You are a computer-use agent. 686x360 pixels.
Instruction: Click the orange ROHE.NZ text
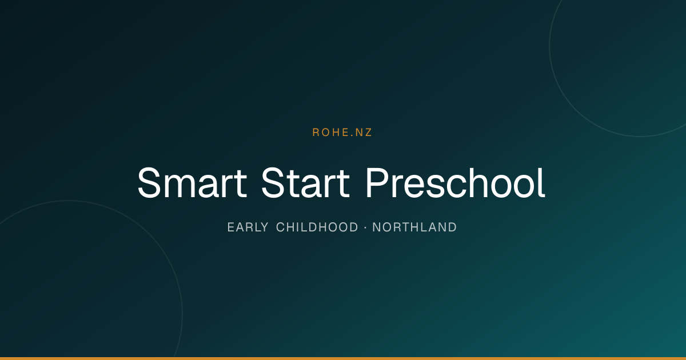point(342,132)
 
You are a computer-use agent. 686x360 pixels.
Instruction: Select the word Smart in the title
point(192,183)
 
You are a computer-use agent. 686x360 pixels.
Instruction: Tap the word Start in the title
point(305,183)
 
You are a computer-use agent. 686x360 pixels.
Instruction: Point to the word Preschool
point(456,182)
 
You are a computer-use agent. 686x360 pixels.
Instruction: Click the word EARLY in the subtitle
point(248,227)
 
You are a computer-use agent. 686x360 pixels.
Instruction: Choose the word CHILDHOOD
point(317,227)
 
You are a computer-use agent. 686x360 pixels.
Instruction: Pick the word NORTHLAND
point(414,227)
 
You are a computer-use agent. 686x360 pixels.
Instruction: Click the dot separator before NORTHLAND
point(365,227)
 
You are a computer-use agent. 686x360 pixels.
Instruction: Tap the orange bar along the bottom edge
point(343,358)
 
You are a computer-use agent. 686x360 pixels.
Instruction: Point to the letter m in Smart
point(178,187)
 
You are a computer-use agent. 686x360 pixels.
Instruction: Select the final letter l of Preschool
point(543,182)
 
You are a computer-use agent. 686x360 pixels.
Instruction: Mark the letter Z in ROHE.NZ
point(368,132)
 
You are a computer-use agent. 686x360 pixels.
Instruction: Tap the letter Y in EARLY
point(265,227)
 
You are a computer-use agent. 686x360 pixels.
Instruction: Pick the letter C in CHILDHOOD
point(281,227)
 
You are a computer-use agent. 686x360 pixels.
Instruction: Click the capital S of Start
point(273,183)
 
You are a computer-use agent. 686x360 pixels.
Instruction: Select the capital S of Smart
point(149,183)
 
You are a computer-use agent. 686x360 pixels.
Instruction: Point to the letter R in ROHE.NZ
point(316,132)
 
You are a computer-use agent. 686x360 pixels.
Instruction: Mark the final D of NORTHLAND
point(453,227)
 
